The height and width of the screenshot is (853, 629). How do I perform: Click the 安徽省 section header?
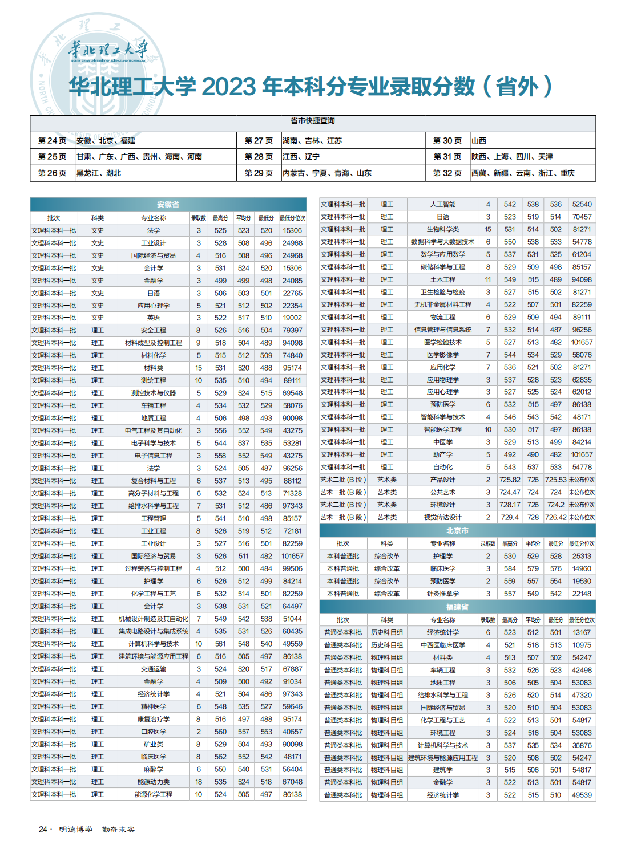point(168,205)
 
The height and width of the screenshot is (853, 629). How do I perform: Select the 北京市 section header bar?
point(457,531)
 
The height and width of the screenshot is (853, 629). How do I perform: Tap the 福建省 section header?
point(457,607)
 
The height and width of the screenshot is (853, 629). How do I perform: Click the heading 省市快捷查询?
point(313,121)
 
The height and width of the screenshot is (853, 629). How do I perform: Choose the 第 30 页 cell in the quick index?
point(447,141)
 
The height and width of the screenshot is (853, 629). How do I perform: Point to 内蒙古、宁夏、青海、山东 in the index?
point(326,173)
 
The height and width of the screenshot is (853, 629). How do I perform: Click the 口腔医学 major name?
point(154,732)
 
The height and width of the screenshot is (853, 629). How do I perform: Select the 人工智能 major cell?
point(443,205)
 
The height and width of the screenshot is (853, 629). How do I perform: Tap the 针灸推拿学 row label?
point(443,594)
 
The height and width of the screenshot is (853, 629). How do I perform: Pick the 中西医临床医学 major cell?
point(443,645)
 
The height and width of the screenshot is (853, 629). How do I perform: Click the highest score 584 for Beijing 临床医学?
point(510,569)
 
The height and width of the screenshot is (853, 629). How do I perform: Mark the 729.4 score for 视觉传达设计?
point(510,518)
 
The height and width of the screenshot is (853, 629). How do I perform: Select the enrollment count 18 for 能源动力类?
point(199,782)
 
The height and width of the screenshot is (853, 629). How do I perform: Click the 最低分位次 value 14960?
point(582,569)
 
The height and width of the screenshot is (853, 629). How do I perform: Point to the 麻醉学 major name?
point(154,770)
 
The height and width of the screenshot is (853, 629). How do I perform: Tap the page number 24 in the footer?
point(43,830)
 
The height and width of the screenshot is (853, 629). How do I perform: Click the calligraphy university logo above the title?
point(108,50)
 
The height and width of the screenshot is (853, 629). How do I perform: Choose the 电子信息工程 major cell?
point(154,456)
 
